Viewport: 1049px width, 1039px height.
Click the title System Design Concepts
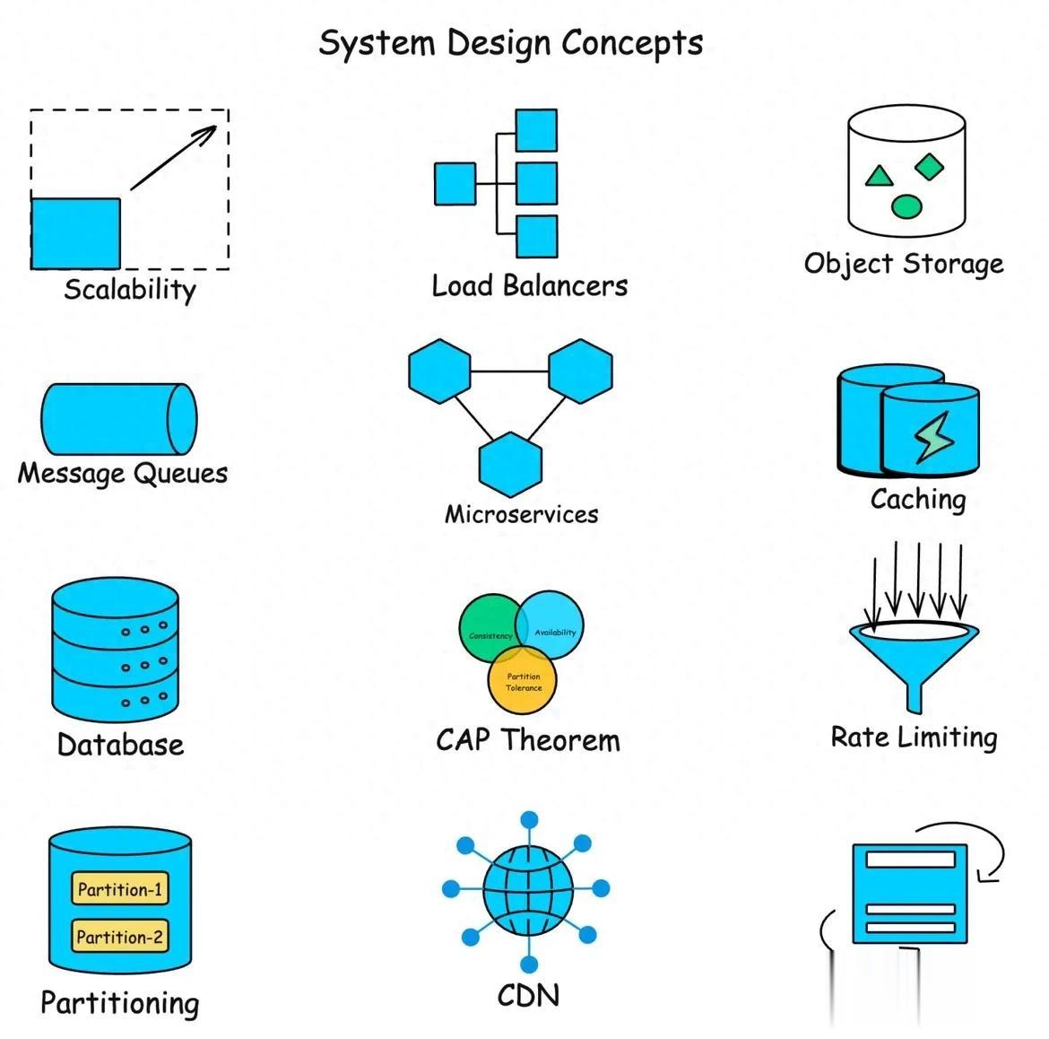coord(510,43)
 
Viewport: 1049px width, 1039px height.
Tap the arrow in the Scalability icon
coord(174,157)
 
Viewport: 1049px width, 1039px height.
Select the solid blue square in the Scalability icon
coord(76,233)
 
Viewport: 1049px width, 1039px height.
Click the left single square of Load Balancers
coord(455,184)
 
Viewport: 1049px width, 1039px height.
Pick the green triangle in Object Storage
coord(879,176)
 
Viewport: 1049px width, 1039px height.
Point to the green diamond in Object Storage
coord(930,165)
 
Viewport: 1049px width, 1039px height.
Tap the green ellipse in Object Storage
coord(906,207)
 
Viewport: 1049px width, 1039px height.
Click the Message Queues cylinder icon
coord(118,419)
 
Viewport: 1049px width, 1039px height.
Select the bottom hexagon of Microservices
coord(510,464)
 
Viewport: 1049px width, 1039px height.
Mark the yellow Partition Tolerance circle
coord(523,681)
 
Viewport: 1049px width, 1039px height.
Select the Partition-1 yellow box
coord(119,889)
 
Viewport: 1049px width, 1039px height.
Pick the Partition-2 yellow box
coord(119,937)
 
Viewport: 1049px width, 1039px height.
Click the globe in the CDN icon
coord(527,889)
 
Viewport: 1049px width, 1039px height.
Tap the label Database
coord(120,745)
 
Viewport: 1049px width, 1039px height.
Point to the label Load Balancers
coord(529,286)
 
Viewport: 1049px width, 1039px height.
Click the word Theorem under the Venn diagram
coord(560,740)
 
